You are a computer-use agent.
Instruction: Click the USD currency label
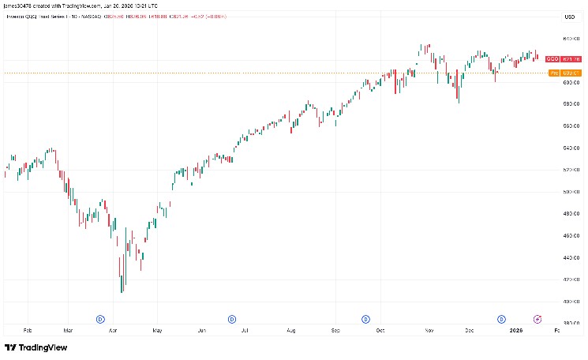[x=567, y=17]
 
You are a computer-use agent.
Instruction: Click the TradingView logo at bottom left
[x=36, y=347]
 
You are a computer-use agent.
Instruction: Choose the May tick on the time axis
[x=157, y=332]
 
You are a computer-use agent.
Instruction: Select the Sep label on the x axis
[x=336, y=332]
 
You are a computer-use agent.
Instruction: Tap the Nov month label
[x=428, y=332]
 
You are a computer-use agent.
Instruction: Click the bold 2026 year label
[x=516, y=332]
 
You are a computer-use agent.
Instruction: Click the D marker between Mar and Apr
[x=100, y=319]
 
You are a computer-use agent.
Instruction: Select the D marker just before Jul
[x=232, y=319]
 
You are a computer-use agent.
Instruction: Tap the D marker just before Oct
[x=365, y=319]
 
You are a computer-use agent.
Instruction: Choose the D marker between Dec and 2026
[x=501, y=319]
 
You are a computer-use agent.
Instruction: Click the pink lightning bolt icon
[x=538, y=319]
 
